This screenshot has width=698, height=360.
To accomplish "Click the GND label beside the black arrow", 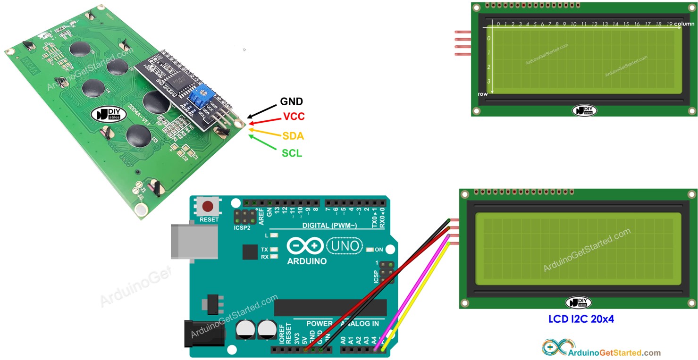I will coord(291,101).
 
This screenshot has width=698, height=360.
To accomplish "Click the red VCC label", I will coord(294,117).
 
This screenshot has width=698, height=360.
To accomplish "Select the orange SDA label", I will coord(293,136).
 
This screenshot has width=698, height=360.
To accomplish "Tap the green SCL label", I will coord(292,153).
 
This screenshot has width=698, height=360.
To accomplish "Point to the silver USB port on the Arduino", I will coord(194,241).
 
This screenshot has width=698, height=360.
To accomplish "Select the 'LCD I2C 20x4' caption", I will coord(580,319).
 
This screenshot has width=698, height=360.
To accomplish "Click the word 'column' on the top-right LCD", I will coord(684,24).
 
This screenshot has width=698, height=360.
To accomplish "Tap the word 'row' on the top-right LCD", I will coord(482,94).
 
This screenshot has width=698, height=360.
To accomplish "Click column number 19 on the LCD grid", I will coord(669,24).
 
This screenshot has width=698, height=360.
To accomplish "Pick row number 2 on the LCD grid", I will coord(489,67).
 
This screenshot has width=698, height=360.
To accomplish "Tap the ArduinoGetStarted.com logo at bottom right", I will coord(601,348).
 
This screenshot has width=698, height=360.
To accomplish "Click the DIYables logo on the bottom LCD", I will coord(578,302).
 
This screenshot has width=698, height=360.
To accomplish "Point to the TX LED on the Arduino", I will coord(274,250).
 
